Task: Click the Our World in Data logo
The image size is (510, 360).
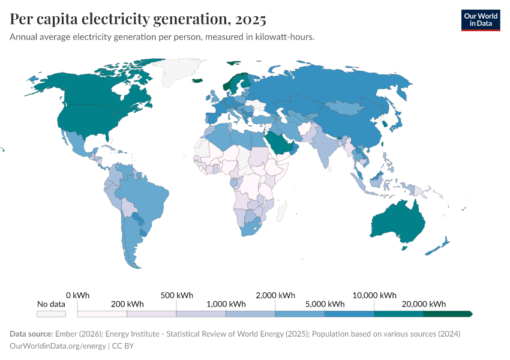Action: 480,19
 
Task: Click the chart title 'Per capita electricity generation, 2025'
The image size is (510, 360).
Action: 138,19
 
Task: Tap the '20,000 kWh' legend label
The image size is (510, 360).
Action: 424,304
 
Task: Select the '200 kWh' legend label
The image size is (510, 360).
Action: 127,304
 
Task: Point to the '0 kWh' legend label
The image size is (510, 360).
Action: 78,295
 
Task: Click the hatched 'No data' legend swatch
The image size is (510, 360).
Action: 51,314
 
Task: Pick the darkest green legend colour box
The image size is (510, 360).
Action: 447,314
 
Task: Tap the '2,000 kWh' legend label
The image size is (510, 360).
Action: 275,295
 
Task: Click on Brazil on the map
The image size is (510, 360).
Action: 147,192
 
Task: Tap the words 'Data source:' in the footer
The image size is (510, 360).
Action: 31,334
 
